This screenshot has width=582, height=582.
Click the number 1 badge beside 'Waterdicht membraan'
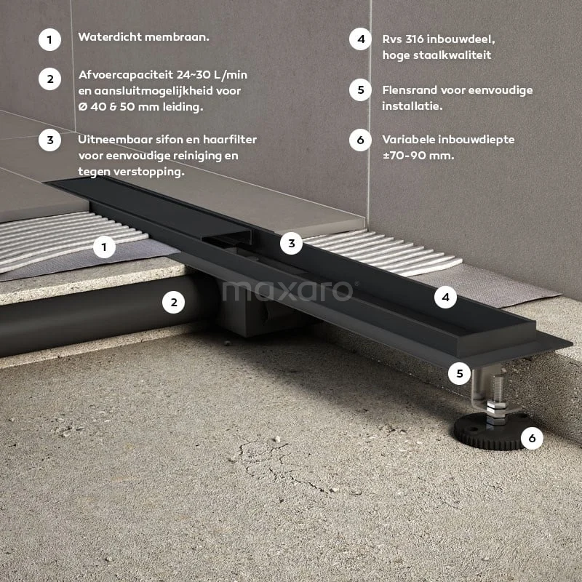49,40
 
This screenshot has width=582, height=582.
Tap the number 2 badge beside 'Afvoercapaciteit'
49,79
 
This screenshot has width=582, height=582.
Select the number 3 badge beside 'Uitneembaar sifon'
49,140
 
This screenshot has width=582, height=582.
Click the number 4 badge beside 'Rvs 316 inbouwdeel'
360,39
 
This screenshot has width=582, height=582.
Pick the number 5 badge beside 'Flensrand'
360,89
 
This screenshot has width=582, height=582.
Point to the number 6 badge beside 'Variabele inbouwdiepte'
360,140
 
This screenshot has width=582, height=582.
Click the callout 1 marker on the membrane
104,247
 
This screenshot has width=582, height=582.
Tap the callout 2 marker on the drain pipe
174,302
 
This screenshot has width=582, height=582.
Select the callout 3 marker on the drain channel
292,243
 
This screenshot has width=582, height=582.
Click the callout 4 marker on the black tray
445,297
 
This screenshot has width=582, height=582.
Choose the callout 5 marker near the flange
460,373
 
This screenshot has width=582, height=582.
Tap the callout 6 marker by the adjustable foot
532,439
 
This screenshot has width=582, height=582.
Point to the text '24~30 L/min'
212,75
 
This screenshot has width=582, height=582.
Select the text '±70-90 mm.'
418,155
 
